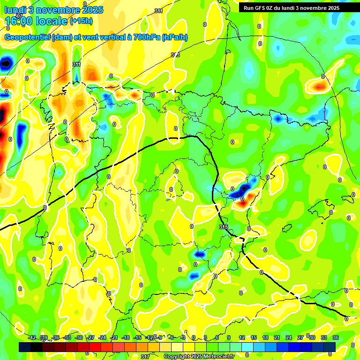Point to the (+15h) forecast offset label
81,21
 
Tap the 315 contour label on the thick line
224,227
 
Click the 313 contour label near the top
175,55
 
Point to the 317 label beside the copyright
145,357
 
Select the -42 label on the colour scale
32,337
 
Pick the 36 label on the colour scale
335,337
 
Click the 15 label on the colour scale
253,337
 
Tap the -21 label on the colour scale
114,337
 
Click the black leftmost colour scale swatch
25,347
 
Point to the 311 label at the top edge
158,11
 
